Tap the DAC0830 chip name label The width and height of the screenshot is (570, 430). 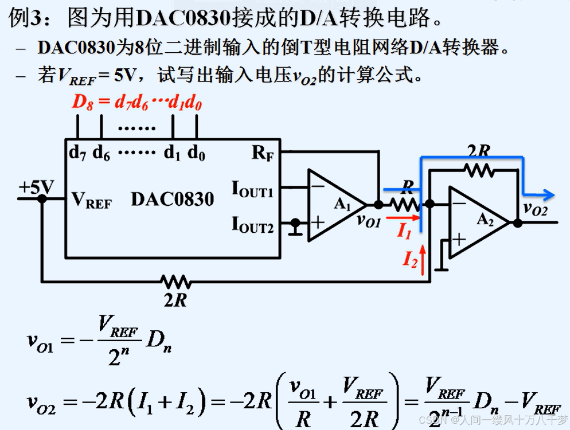coord(172,200)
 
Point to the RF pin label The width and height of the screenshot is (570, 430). coord(262,153)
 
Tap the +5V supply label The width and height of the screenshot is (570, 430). coord(36,187)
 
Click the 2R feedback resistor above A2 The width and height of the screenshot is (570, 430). coord(479,169)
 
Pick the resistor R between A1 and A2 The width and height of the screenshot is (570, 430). coord(405,204)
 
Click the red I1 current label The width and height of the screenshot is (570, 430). coord(404,231)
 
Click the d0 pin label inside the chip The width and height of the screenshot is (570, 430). coord(197,153)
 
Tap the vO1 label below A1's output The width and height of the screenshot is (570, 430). coord(368,221)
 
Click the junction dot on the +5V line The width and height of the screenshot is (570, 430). coord(42,198)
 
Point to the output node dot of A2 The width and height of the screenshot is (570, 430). coord(518,222)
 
